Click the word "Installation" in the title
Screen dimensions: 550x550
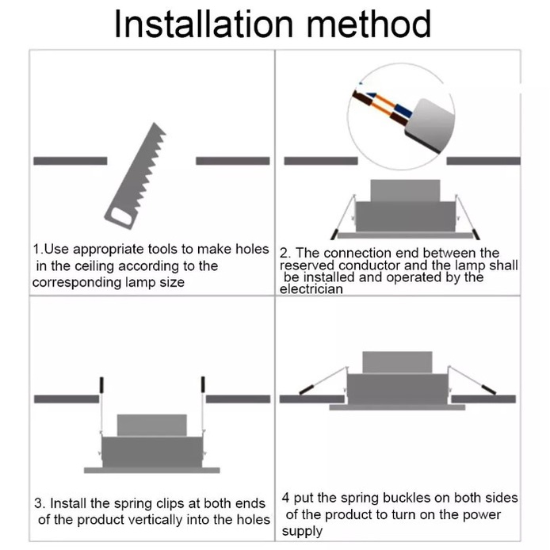[204, 24]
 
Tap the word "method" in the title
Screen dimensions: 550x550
[369, 24]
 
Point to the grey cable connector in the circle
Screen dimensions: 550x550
[430, 125]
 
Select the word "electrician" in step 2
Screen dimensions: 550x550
[311, 289]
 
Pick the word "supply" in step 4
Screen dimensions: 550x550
[302, 532]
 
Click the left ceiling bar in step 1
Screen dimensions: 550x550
[71, 161]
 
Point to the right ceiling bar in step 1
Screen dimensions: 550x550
[233, 161]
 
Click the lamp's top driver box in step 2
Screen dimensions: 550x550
[405, 191]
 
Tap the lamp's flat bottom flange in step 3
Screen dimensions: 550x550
[152, 471]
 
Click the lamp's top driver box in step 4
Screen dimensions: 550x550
[397, 362]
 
